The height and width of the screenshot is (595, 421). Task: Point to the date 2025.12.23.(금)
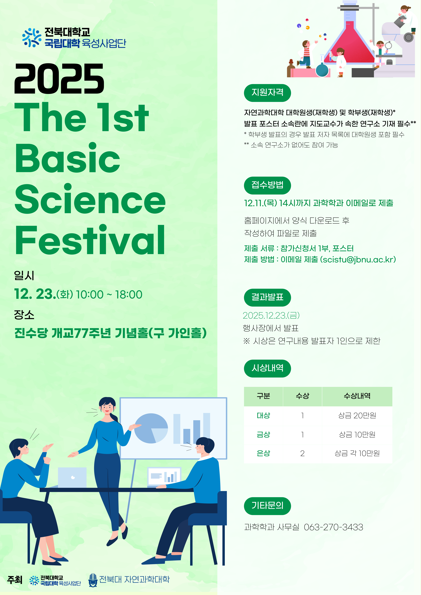(271, 315)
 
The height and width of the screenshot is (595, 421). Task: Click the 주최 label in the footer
(15, 580)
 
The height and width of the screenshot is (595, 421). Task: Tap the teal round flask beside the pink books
(322, 70)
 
